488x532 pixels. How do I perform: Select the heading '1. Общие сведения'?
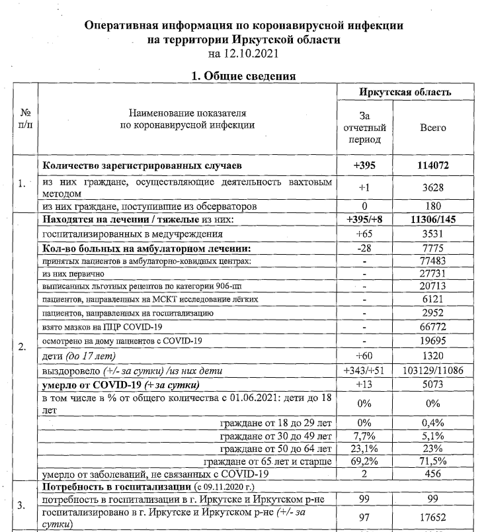click(x=243, y=76)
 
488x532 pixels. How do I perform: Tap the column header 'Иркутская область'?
click(x=405, y=92)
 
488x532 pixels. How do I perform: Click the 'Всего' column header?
click(x=433, y=128)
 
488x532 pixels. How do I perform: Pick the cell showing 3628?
click(x=433, y=187)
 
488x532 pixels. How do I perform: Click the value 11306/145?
click(x=433, y=220)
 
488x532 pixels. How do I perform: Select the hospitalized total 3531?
click(x=433, y=234)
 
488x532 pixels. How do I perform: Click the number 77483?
click(x=433, y=263)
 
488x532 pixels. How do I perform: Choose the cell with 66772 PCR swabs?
click(x=433, y=327)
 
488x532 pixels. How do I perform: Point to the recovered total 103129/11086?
click(x=433, y=371)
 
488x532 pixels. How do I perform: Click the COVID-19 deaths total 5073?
click(x=433, y=384)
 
